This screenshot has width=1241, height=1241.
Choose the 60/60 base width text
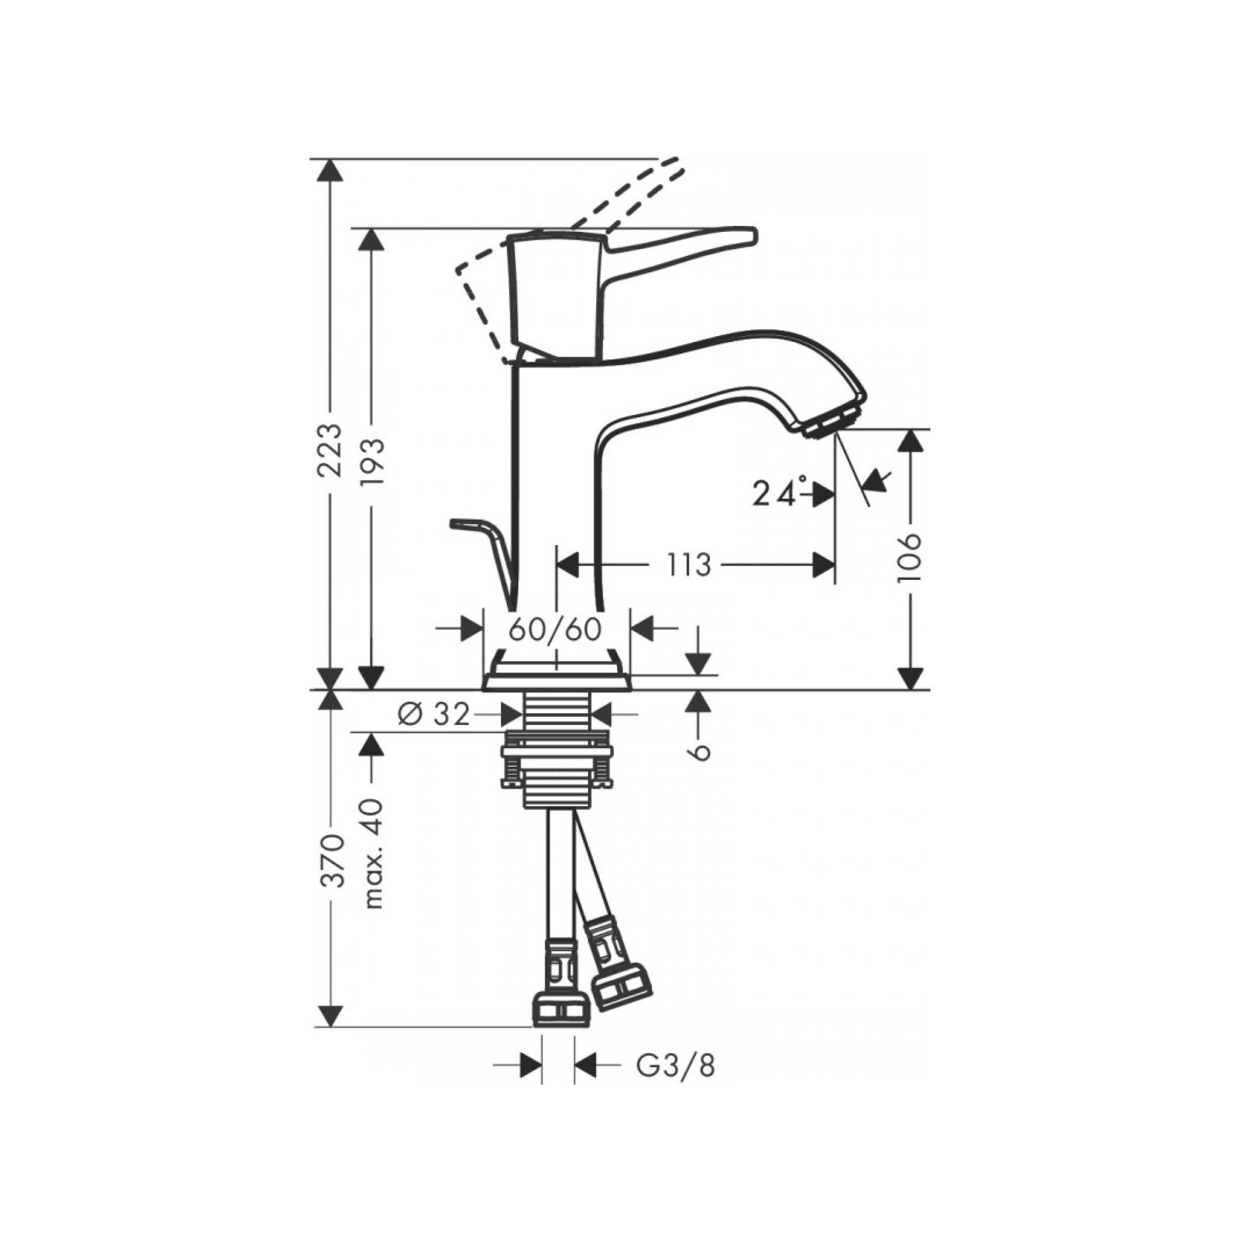[x=555, y=629]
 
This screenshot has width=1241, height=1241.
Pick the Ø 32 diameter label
[x=434, y=714]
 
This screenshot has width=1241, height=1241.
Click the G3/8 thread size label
[x=675, y=1067]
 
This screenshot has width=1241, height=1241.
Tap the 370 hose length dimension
[x=332, y=861]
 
